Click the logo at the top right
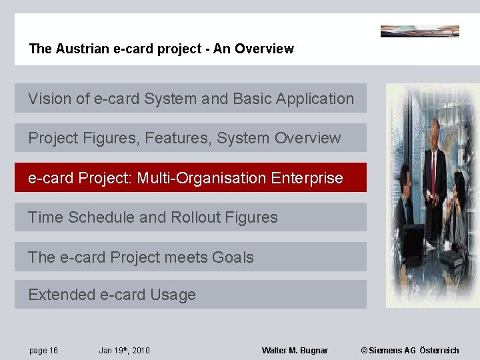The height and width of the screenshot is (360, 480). pos(419,31)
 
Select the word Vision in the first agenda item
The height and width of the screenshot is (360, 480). pos(49,99)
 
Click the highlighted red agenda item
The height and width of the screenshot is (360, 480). pos(191,178)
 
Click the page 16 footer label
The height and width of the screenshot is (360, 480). pos(43,351)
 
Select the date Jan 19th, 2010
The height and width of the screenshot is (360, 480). pos(124,351)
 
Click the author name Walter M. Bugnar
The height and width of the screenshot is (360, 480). pos(295,351)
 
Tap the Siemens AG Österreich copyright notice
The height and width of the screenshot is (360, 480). pos(410,351)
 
